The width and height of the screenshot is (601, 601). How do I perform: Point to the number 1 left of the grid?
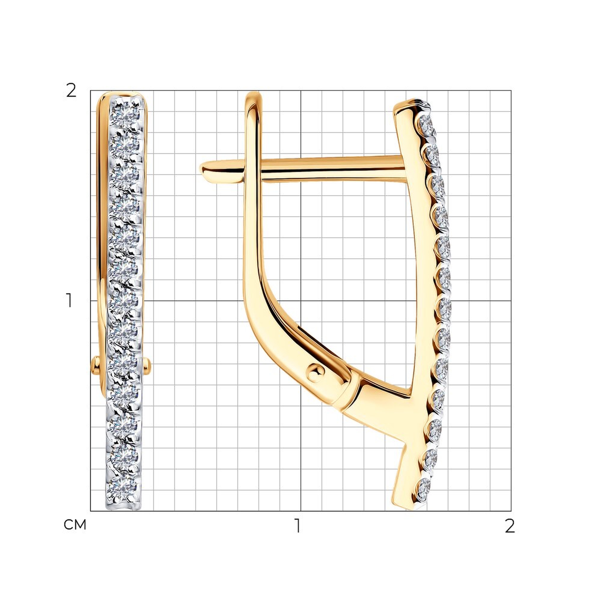70,300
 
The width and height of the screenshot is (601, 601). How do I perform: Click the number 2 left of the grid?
71,91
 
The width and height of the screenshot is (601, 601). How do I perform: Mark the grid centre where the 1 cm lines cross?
300,301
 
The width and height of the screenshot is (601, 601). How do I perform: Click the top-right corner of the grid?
511,90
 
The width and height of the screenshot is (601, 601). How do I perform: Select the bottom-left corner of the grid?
90,511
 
